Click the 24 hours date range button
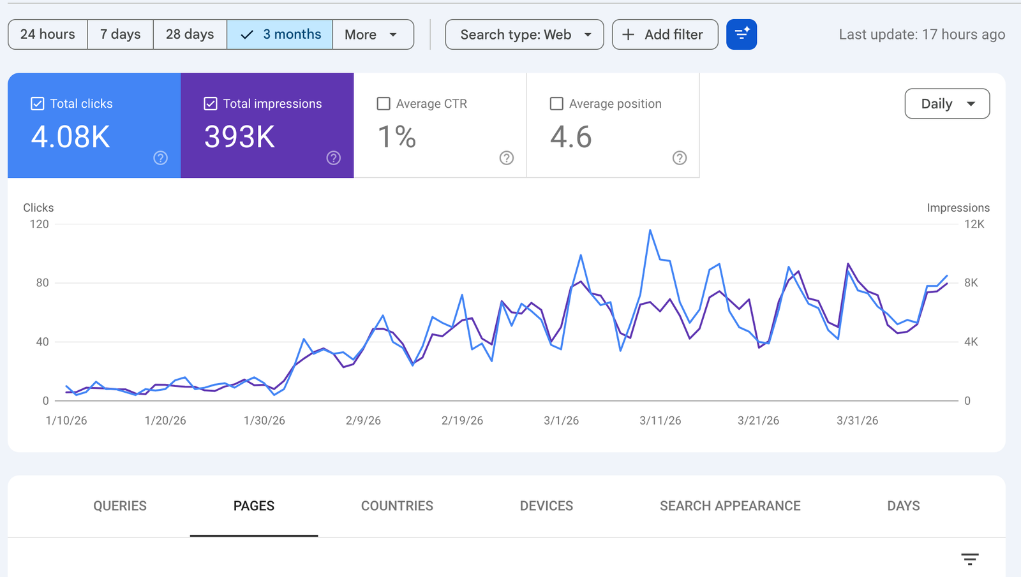(x=48, y=34)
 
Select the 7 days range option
(x=121, y=34)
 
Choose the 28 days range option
(x=190, y=34)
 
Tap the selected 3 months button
(x=280, y=34)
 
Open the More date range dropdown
(x=373, y=34)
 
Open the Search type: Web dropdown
(x=525, y=34)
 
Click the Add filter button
(x=665, y=34)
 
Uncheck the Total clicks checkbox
(x=38, y=104)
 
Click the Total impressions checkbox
(x=210, y=104)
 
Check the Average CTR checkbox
(x=384, y=104)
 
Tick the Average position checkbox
(x=556, y=104)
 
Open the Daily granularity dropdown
(x=947, y=104)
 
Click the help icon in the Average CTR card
(x=507, y=158)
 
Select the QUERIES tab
(x=120, y=506)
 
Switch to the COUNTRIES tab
(x=397, y=506)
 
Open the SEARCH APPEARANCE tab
(x=730, y=506)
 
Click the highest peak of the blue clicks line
(x=650, y=230)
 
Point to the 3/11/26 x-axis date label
(x=660, y=421)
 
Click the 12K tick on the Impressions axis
(x=974, y=224)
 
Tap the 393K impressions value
(x=239, y=137)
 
